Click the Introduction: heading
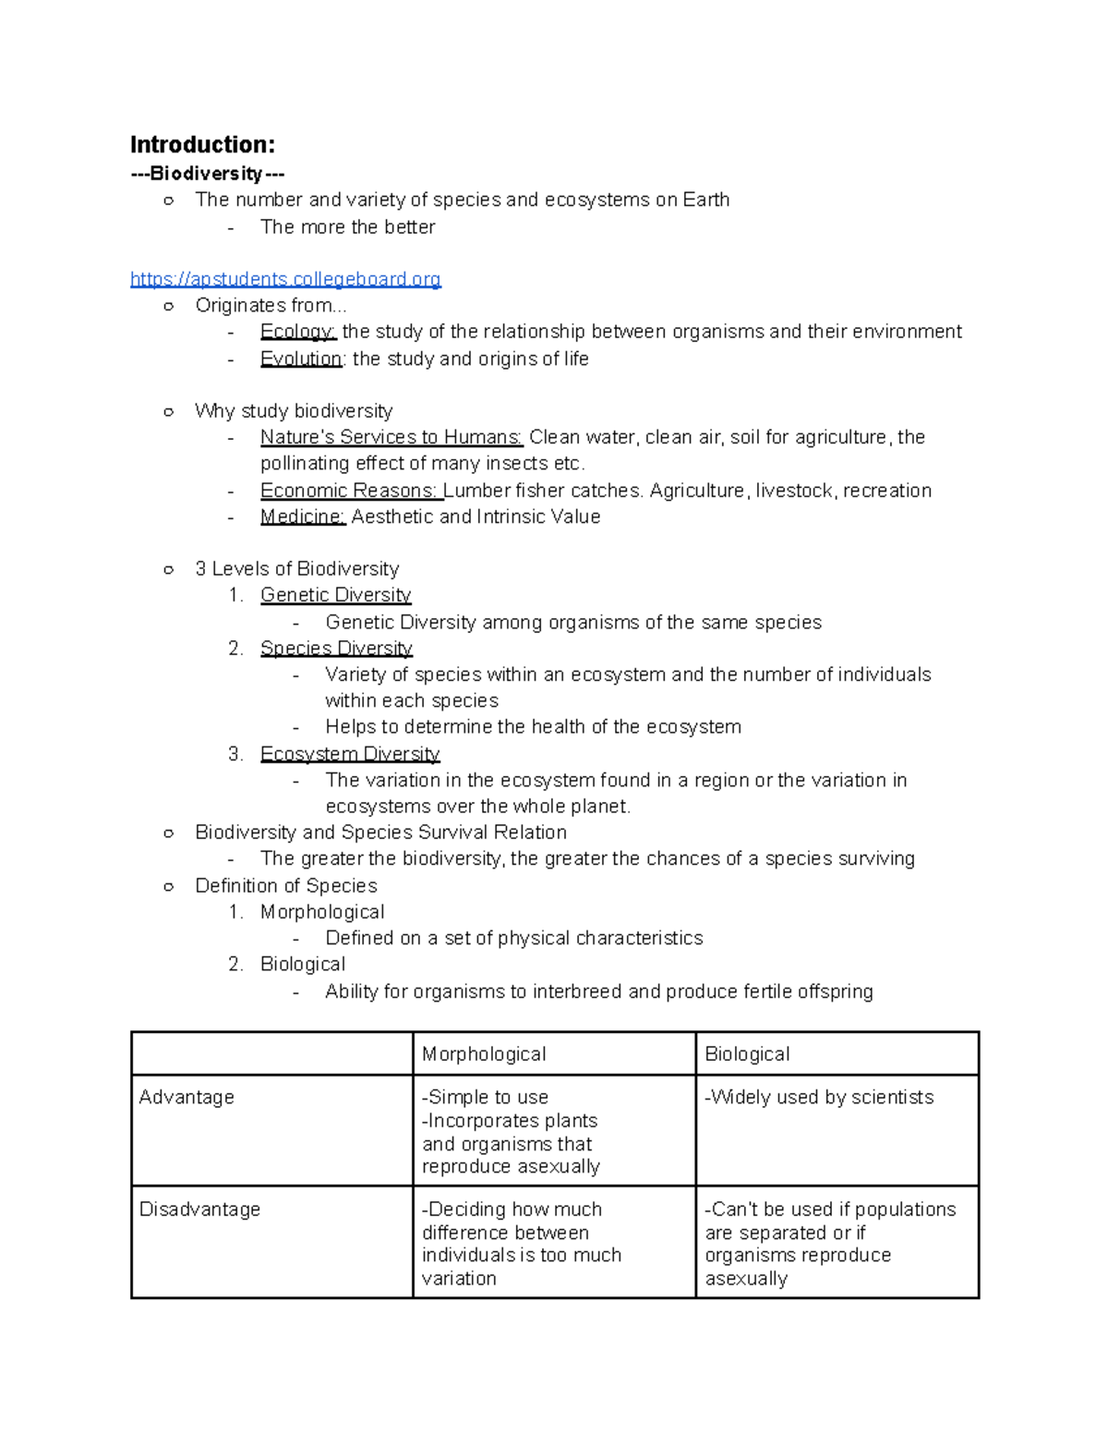202,145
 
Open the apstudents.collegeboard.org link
285,279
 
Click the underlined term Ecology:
298,332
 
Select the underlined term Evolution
301,359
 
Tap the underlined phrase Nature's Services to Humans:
391,437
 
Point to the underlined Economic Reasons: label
350,491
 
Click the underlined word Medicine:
303,517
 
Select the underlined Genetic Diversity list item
335,595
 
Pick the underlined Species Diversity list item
336,649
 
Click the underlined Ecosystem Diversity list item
350,754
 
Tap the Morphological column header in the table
484,1054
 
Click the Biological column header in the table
747,1054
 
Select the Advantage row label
187,1098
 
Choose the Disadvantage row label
199,1210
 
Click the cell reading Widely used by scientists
820,1098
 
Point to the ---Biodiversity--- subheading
207,174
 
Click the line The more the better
347,227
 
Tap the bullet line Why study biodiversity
294,411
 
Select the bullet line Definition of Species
286,886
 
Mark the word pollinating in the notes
305,464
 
